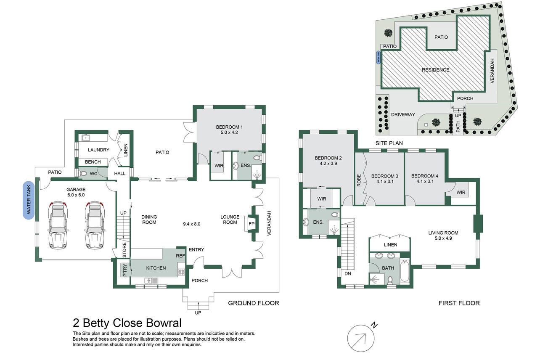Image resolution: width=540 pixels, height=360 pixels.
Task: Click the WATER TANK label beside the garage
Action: tap(29, 206)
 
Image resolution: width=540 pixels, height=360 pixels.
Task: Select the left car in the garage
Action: tap(58, 225)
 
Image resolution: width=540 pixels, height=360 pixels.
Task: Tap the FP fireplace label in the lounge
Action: tap(252, 223)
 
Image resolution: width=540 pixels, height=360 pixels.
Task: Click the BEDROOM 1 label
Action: tap(229, 127)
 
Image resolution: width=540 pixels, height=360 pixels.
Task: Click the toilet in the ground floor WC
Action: tap(83, 173)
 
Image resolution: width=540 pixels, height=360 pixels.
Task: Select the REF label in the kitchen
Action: tap(180, 256)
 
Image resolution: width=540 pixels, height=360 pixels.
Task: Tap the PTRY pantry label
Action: tap(124, 270)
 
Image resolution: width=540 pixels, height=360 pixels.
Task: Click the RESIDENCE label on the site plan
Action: tap(435, 70)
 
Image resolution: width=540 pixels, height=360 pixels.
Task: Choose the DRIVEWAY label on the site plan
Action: tap(403, 114)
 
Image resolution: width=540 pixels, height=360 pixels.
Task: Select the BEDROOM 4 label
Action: tap(424, 176)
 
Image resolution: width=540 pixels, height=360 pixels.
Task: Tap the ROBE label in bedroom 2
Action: tap(359, 180)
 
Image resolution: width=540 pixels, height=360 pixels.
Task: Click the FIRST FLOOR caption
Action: tap(459, 303)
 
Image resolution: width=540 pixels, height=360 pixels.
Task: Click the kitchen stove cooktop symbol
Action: tap(181, 272)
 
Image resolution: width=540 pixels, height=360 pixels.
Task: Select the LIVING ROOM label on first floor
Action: tap(443, 233)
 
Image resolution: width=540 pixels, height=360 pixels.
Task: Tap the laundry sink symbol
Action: tap(86, 137)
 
